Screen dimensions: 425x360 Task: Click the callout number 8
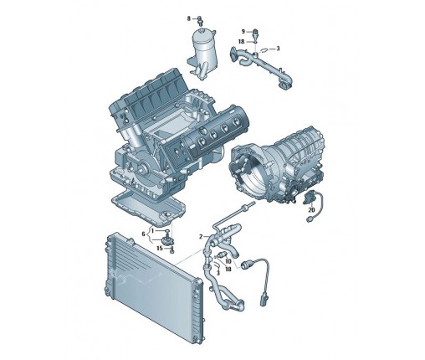(189, 18)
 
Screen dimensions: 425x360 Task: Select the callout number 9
(243, 31)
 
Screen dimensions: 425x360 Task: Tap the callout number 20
(311, 210)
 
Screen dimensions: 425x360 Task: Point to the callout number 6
(143, 234)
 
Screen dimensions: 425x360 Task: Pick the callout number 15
(160, 248)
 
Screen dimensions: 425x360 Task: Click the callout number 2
(201, 237)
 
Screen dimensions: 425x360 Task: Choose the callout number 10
(228, 261)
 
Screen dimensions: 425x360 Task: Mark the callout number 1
(153, 230)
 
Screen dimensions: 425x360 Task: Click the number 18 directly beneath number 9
(242, 42)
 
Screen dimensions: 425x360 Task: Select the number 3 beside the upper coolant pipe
(278, 49)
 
